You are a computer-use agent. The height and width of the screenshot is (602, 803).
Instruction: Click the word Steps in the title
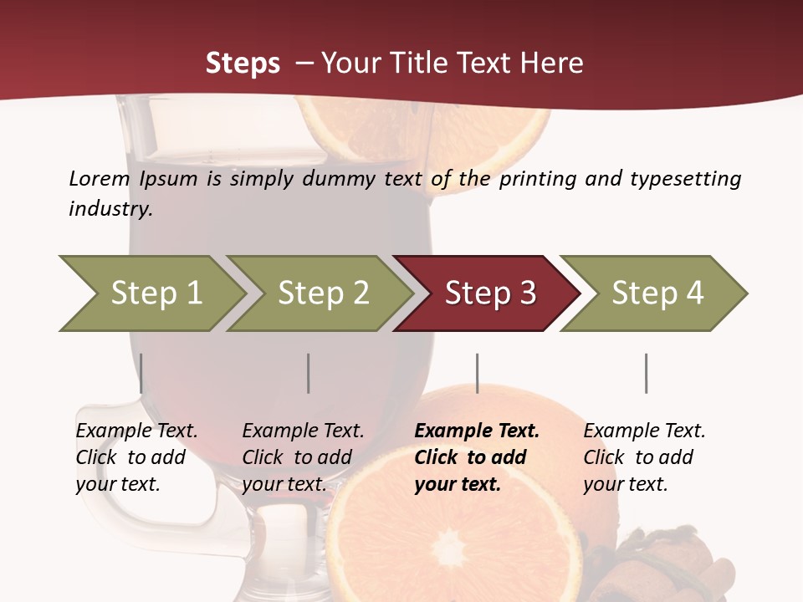[x=243, y=63]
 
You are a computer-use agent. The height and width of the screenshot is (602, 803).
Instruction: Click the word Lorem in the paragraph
[x=99, y=178]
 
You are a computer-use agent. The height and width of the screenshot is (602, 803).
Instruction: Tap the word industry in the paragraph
[x=110, y=208]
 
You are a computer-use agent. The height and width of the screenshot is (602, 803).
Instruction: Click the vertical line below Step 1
[x=141, y=373]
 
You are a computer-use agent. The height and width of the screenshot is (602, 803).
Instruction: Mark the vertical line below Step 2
[x=309, y=373]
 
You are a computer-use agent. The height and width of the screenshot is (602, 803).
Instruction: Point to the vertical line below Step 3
[x=478, y=373]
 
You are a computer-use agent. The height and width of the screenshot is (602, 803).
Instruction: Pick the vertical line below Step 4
[x=646, y=373]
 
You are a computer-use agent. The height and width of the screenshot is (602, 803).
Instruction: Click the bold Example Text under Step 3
[x=477, y=431]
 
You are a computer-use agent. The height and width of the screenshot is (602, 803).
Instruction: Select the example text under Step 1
[x=136, y=457]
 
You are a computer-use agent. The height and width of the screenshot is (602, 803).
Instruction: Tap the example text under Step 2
[x=302, y=457]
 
